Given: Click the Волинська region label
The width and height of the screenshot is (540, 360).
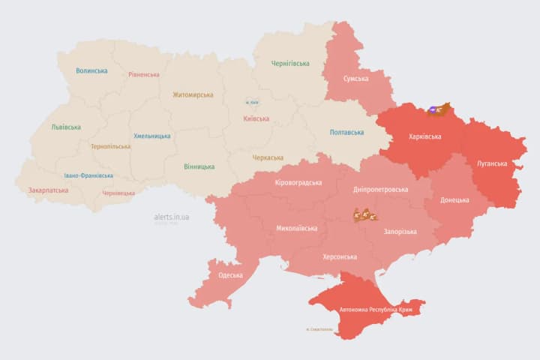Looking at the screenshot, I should pyautogui.click(x=91, y=71).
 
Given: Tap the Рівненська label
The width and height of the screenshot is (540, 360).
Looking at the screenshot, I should pyautogui.click(x=143, y=74).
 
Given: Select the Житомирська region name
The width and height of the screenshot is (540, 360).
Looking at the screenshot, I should pyautogui.click(x=193, y=95).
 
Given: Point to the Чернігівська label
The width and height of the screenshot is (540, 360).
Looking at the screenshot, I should pyautogui.click(x=289, y=64).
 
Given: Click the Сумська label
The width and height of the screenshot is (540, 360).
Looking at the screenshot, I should pyautogui.click(x=355, y=79).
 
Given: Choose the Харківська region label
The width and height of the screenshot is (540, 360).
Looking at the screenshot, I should pyautogui.click(x=424, y=137).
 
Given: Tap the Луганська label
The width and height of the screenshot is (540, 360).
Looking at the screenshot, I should pyautogui.click(x=492, y=163).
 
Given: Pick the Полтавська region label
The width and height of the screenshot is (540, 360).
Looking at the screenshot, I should pyautogui.click(x=347, y=133).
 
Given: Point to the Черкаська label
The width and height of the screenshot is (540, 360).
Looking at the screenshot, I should pyautogui.click(x=268, y=157).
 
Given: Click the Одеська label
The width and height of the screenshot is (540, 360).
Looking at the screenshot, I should pyautogui.click(x=230, y=275).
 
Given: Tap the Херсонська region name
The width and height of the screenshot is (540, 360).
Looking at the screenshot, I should pyautogui.click(x=340, y=256).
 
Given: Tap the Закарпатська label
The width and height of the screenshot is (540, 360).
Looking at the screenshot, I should pyautogui.click(x=48, y=190).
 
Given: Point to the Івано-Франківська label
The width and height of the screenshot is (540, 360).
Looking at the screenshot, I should pyautogui.click(x=88, y=175).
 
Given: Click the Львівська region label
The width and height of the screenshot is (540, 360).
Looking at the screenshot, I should pyautogui.click(x=66, y=127).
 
